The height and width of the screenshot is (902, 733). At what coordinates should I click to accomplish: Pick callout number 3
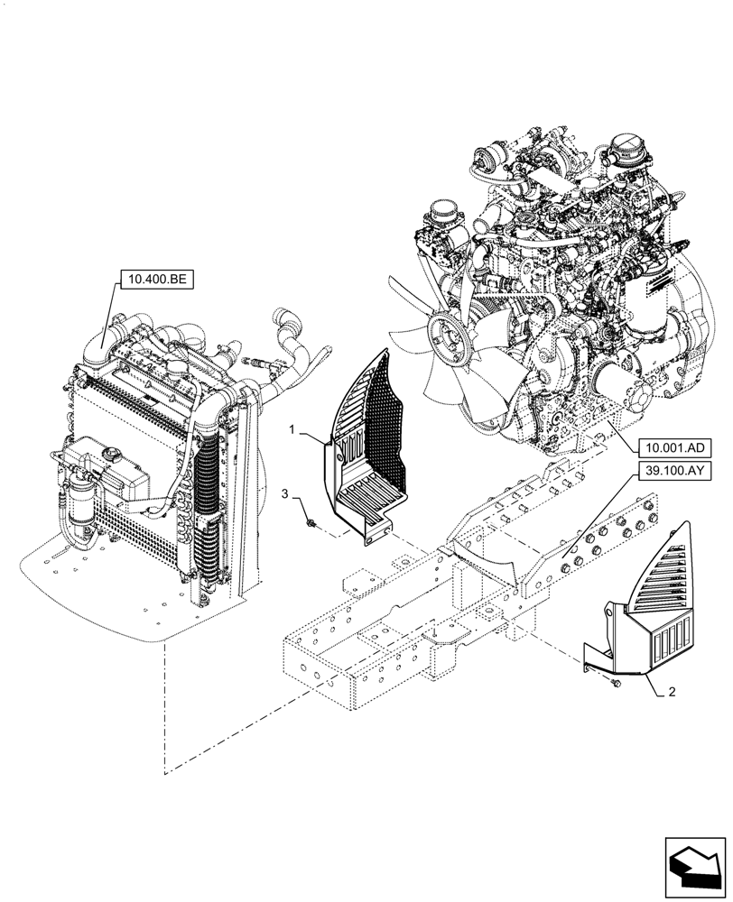click(285, 493)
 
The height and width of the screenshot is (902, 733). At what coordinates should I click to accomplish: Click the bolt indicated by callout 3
click(310, 521)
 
